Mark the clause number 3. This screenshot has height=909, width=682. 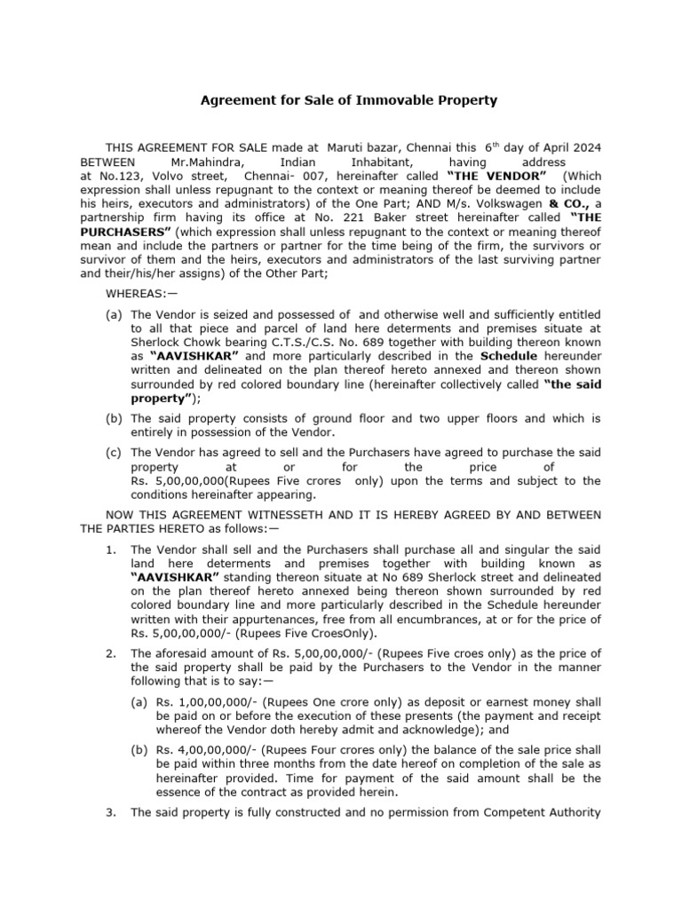click(109, 812)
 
